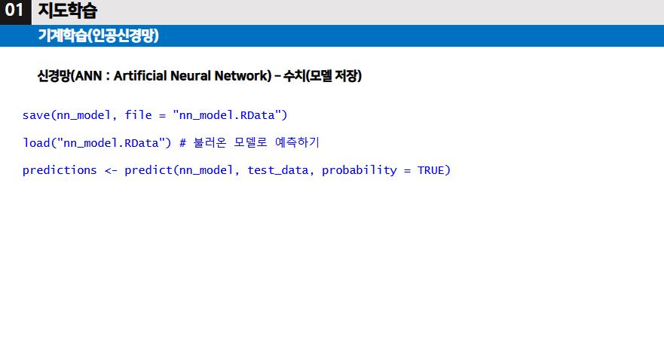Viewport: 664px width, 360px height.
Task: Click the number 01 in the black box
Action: pyautogui.click(x=14, y=11)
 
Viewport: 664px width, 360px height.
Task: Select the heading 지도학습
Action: pyautogui.click(x=67, y=11)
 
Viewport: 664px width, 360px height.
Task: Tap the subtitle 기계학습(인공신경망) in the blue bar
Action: pyautogui.click(x=98, y=35)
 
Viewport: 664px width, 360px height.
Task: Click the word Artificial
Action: pyautogui.click(x=139, y=76)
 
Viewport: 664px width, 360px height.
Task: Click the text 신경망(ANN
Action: pyautogui.click(x=66, y=76)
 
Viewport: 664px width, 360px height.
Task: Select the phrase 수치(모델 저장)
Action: pyautogui.click(x=323, y=76)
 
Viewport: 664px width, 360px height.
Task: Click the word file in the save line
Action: pyautogui.click(x=138, y=115)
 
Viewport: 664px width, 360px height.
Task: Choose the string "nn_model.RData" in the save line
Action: pyautogui.click(x=230, y=115)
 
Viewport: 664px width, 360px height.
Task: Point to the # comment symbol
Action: pyautogui.click(x=182, y=142)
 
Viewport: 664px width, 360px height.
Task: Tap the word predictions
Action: pyautogui.click(x=60, y=170)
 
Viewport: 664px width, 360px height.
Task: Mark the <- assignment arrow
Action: pyautogui.click(x=111, y=170)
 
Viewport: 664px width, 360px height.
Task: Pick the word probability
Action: pyautogui.click(x=359, y=170)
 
